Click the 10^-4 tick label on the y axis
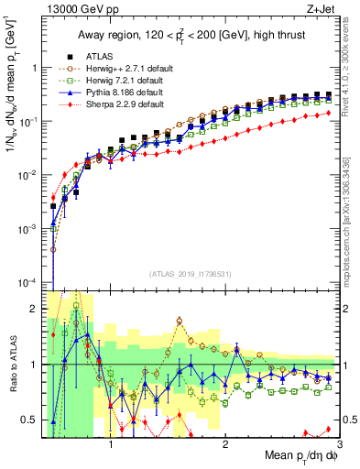(26, 281)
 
